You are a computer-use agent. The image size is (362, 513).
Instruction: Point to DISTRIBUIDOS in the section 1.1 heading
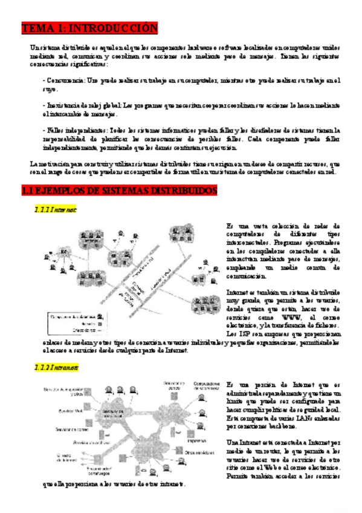tap(178, 191)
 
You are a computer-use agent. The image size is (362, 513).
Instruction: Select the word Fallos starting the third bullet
tap(57, 130)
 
